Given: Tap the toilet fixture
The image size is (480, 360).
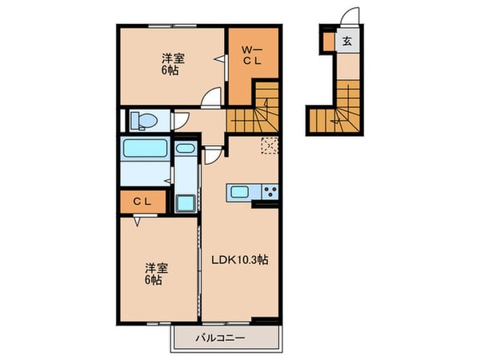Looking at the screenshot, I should click(143, 121).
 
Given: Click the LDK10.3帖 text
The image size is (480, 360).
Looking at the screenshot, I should click(239, 259).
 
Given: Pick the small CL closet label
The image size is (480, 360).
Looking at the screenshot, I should click(142, 202).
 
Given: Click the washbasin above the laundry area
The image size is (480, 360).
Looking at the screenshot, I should click(184, 149).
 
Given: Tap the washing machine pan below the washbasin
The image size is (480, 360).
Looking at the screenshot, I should click(185, 202).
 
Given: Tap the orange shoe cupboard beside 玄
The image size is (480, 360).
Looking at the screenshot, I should click(327, 40).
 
